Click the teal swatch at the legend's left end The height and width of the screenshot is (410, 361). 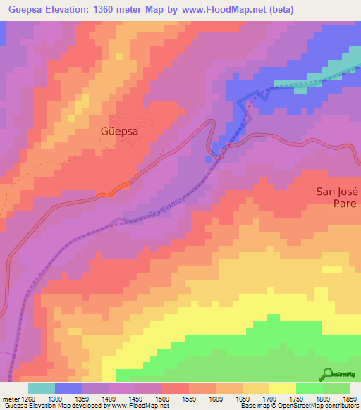42,388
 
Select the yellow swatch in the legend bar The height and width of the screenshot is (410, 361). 282,388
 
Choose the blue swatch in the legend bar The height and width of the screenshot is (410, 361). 68,388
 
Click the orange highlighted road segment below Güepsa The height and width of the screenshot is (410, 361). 113,190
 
